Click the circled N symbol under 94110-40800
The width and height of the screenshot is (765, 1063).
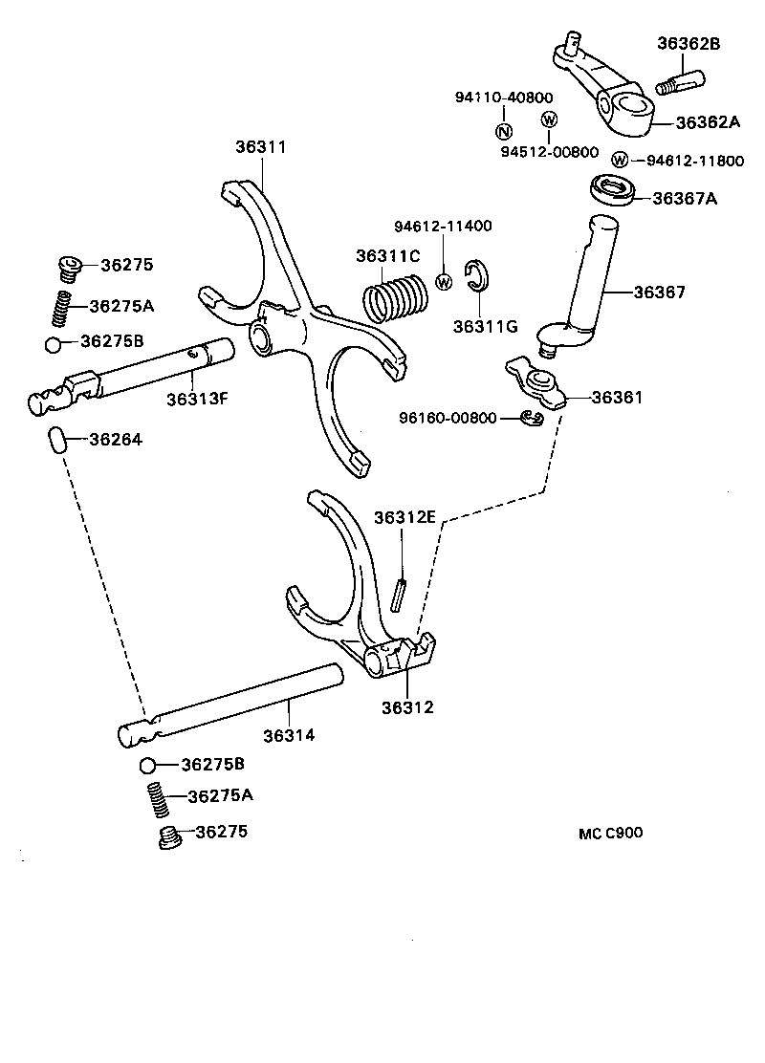pyautogui.click(x=503, y=131)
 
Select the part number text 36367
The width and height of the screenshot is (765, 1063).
pyautogui.click(x=659, y=292)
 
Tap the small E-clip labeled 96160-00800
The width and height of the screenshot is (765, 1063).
pyautogui.click(x=533, y=418)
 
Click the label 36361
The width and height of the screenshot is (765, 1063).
pyautogui.click(x=617, y=397)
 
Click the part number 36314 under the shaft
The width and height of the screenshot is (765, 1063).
pyautogui.click(x=289, y=735)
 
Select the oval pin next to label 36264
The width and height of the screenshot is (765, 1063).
pyautogui.click(x=57, y=441)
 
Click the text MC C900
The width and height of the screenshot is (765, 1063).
pyautogui.click(x=610, y=833)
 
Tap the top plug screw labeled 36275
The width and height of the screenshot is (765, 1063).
pyautogui.click(x=68, y=268)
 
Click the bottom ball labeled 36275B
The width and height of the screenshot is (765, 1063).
pyautogui.click(x=147, y=765)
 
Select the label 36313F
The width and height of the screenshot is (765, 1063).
pyautogui.click(x=197, y=399)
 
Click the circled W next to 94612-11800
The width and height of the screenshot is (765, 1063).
pyautogui.click(x=620, y=161)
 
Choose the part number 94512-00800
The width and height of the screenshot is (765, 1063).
pyautogui.click(x=549, y=151)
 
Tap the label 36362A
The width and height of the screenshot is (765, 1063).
pyautogui.click(x=709, y=121)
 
